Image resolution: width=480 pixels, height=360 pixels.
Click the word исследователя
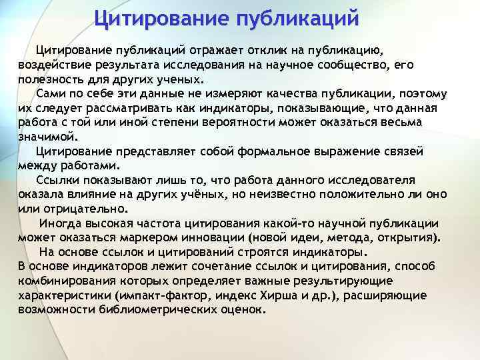point(371,180)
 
